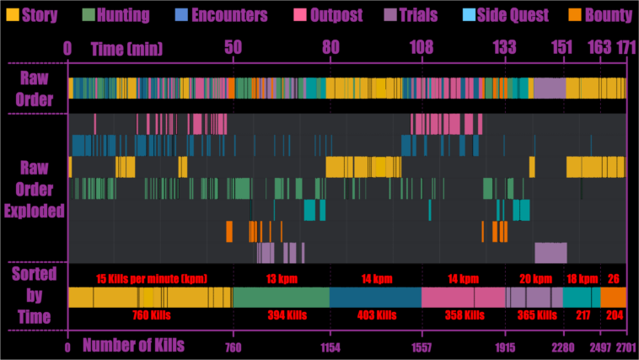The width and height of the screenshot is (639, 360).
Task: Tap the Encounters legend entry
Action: coord(220,15)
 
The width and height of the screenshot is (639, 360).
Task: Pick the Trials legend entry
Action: coord(411,15)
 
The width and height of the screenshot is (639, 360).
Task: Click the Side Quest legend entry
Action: coord(505,15)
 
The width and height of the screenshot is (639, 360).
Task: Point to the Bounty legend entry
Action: coord(599,15)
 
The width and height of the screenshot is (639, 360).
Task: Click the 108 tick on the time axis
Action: coord(422,48)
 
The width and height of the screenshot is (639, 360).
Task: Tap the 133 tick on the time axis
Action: coord(505,48)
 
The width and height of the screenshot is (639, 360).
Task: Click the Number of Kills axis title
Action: coord(133,344)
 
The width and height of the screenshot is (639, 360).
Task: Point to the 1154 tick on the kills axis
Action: coord(330,347)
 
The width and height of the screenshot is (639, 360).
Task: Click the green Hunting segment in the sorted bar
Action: coord(281,297)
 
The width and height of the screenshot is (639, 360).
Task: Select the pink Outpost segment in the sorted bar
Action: coord(463,297)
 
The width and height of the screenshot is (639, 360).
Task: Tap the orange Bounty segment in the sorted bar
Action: coord(613,297)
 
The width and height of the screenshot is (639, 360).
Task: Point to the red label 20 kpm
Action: coord(535,278)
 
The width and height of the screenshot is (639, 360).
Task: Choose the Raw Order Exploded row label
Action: coord(34,188)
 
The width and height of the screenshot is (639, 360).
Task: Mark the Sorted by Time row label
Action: coord(34,295)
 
